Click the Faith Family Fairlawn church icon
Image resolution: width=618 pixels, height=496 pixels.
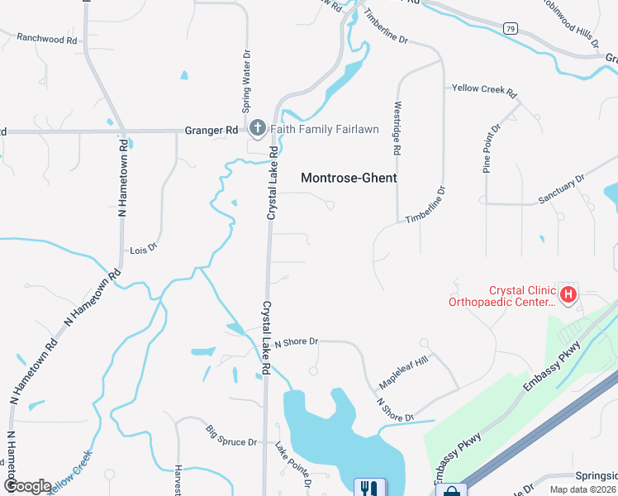[257, 129]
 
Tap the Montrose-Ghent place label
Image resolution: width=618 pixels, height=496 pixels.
[349, 178]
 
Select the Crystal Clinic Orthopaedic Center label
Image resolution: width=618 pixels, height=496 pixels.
[502, 296]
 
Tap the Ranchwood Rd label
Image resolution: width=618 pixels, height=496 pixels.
[46, 39]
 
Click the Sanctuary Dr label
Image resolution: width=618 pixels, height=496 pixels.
[561, 188]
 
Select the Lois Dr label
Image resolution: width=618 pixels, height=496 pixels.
[143, 249]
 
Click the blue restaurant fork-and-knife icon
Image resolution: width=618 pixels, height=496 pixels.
[366, 489]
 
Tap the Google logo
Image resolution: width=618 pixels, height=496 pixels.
[26, 486]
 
